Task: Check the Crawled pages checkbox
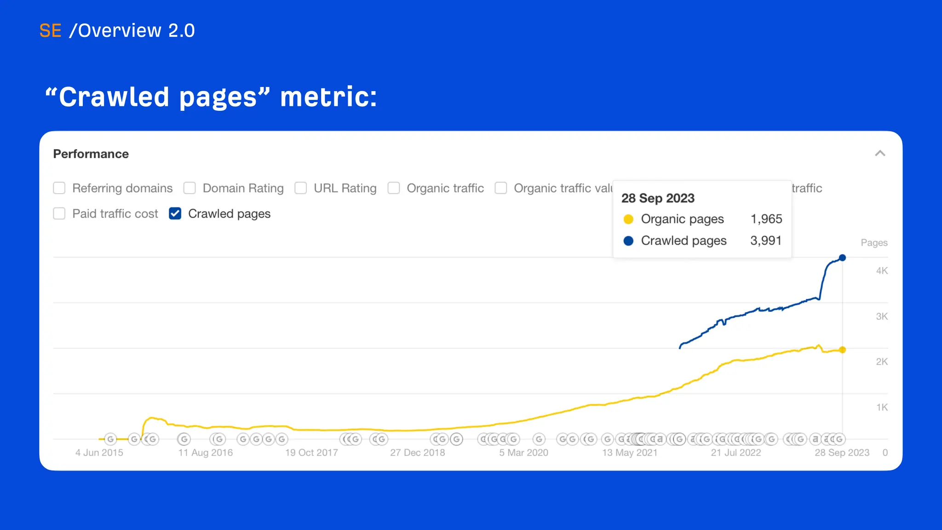175,213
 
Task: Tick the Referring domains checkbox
59,188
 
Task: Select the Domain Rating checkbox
190,188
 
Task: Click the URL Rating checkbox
301,188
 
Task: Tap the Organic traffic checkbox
394,188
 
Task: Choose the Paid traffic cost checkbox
59,213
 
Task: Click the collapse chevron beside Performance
880,154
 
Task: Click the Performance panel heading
91,154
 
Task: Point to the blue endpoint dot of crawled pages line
842,258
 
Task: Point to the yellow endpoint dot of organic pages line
842,350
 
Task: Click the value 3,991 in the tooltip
766,241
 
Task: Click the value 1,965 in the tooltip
766,219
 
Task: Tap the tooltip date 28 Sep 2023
658,198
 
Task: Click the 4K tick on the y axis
881,271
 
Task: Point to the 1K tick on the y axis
881,407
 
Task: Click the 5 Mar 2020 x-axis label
523,453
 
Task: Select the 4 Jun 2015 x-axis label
99,453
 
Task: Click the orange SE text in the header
50,31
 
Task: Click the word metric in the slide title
328,97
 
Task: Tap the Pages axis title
874,243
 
